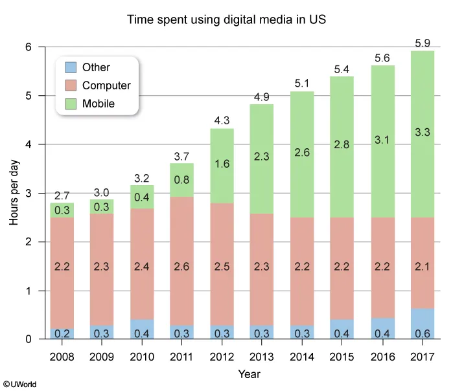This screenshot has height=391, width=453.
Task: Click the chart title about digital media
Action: [226, 20]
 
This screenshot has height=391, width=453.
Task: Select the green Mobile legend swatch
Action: [71, 104]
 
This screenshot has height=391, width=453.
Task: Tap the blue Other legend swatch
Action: [71, 67]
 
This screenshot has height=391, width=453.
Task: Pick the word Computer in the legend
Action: [106, 85]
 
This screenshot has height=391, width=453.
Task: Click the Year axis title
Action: [249, 374]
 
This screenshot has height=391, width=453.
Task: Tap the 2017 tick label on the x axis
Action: [421, 356]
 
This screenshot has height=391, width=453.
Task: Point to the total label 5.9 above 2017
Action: [421, 43]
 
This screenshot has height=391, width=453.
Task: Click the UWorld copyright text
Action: [19, 385]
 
